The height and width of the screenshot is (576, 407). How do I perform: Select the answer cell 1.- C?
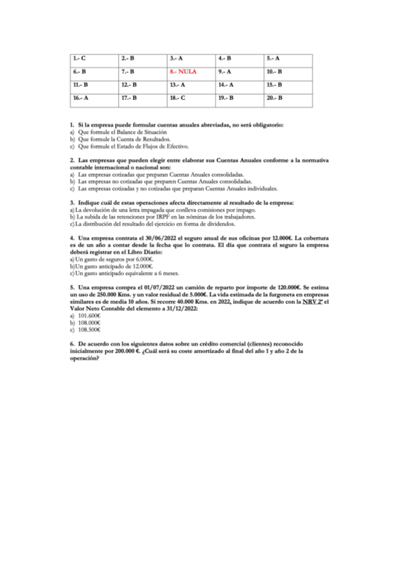click(80, 58)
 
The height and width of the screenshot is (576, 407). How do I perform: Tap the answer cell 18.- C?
click(178, 98)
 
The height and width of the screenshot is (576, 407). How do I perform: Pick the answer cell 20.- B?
click(275, 98)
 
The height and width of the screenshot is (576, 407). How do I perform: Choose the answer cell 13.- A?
click(178, 85)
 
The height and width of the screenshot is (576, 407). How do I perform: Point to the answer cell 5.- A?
click(275, 58)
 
